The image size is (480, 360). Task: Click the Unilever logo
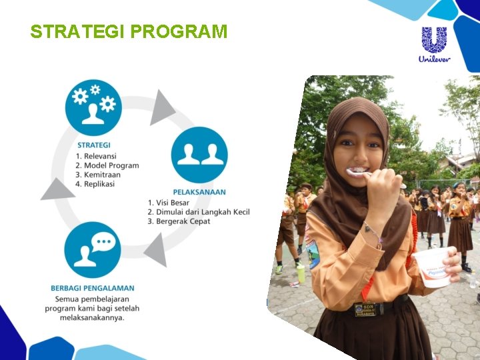[x=435, y=44]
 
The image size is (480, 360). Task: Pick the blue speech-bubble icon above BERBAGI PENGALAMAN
[x=93, y=250]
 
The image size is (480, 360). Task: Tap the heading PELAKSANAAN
[x=199, y=192]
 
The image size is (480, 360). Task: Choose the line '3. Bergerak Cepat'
[x=179, y=221]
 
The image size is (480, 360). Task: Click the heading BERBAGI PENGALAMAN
[x=92, y=288]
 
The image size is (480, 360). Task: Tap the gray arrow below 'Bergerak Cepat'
[x=156, y=252]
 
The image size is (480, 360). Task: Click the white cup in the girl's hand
[x=432, y=267]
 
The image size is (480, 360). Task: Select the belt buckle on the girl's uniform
[x=365, y=309]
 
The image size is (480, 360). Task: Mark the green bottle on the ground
[x=301, y=272]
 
